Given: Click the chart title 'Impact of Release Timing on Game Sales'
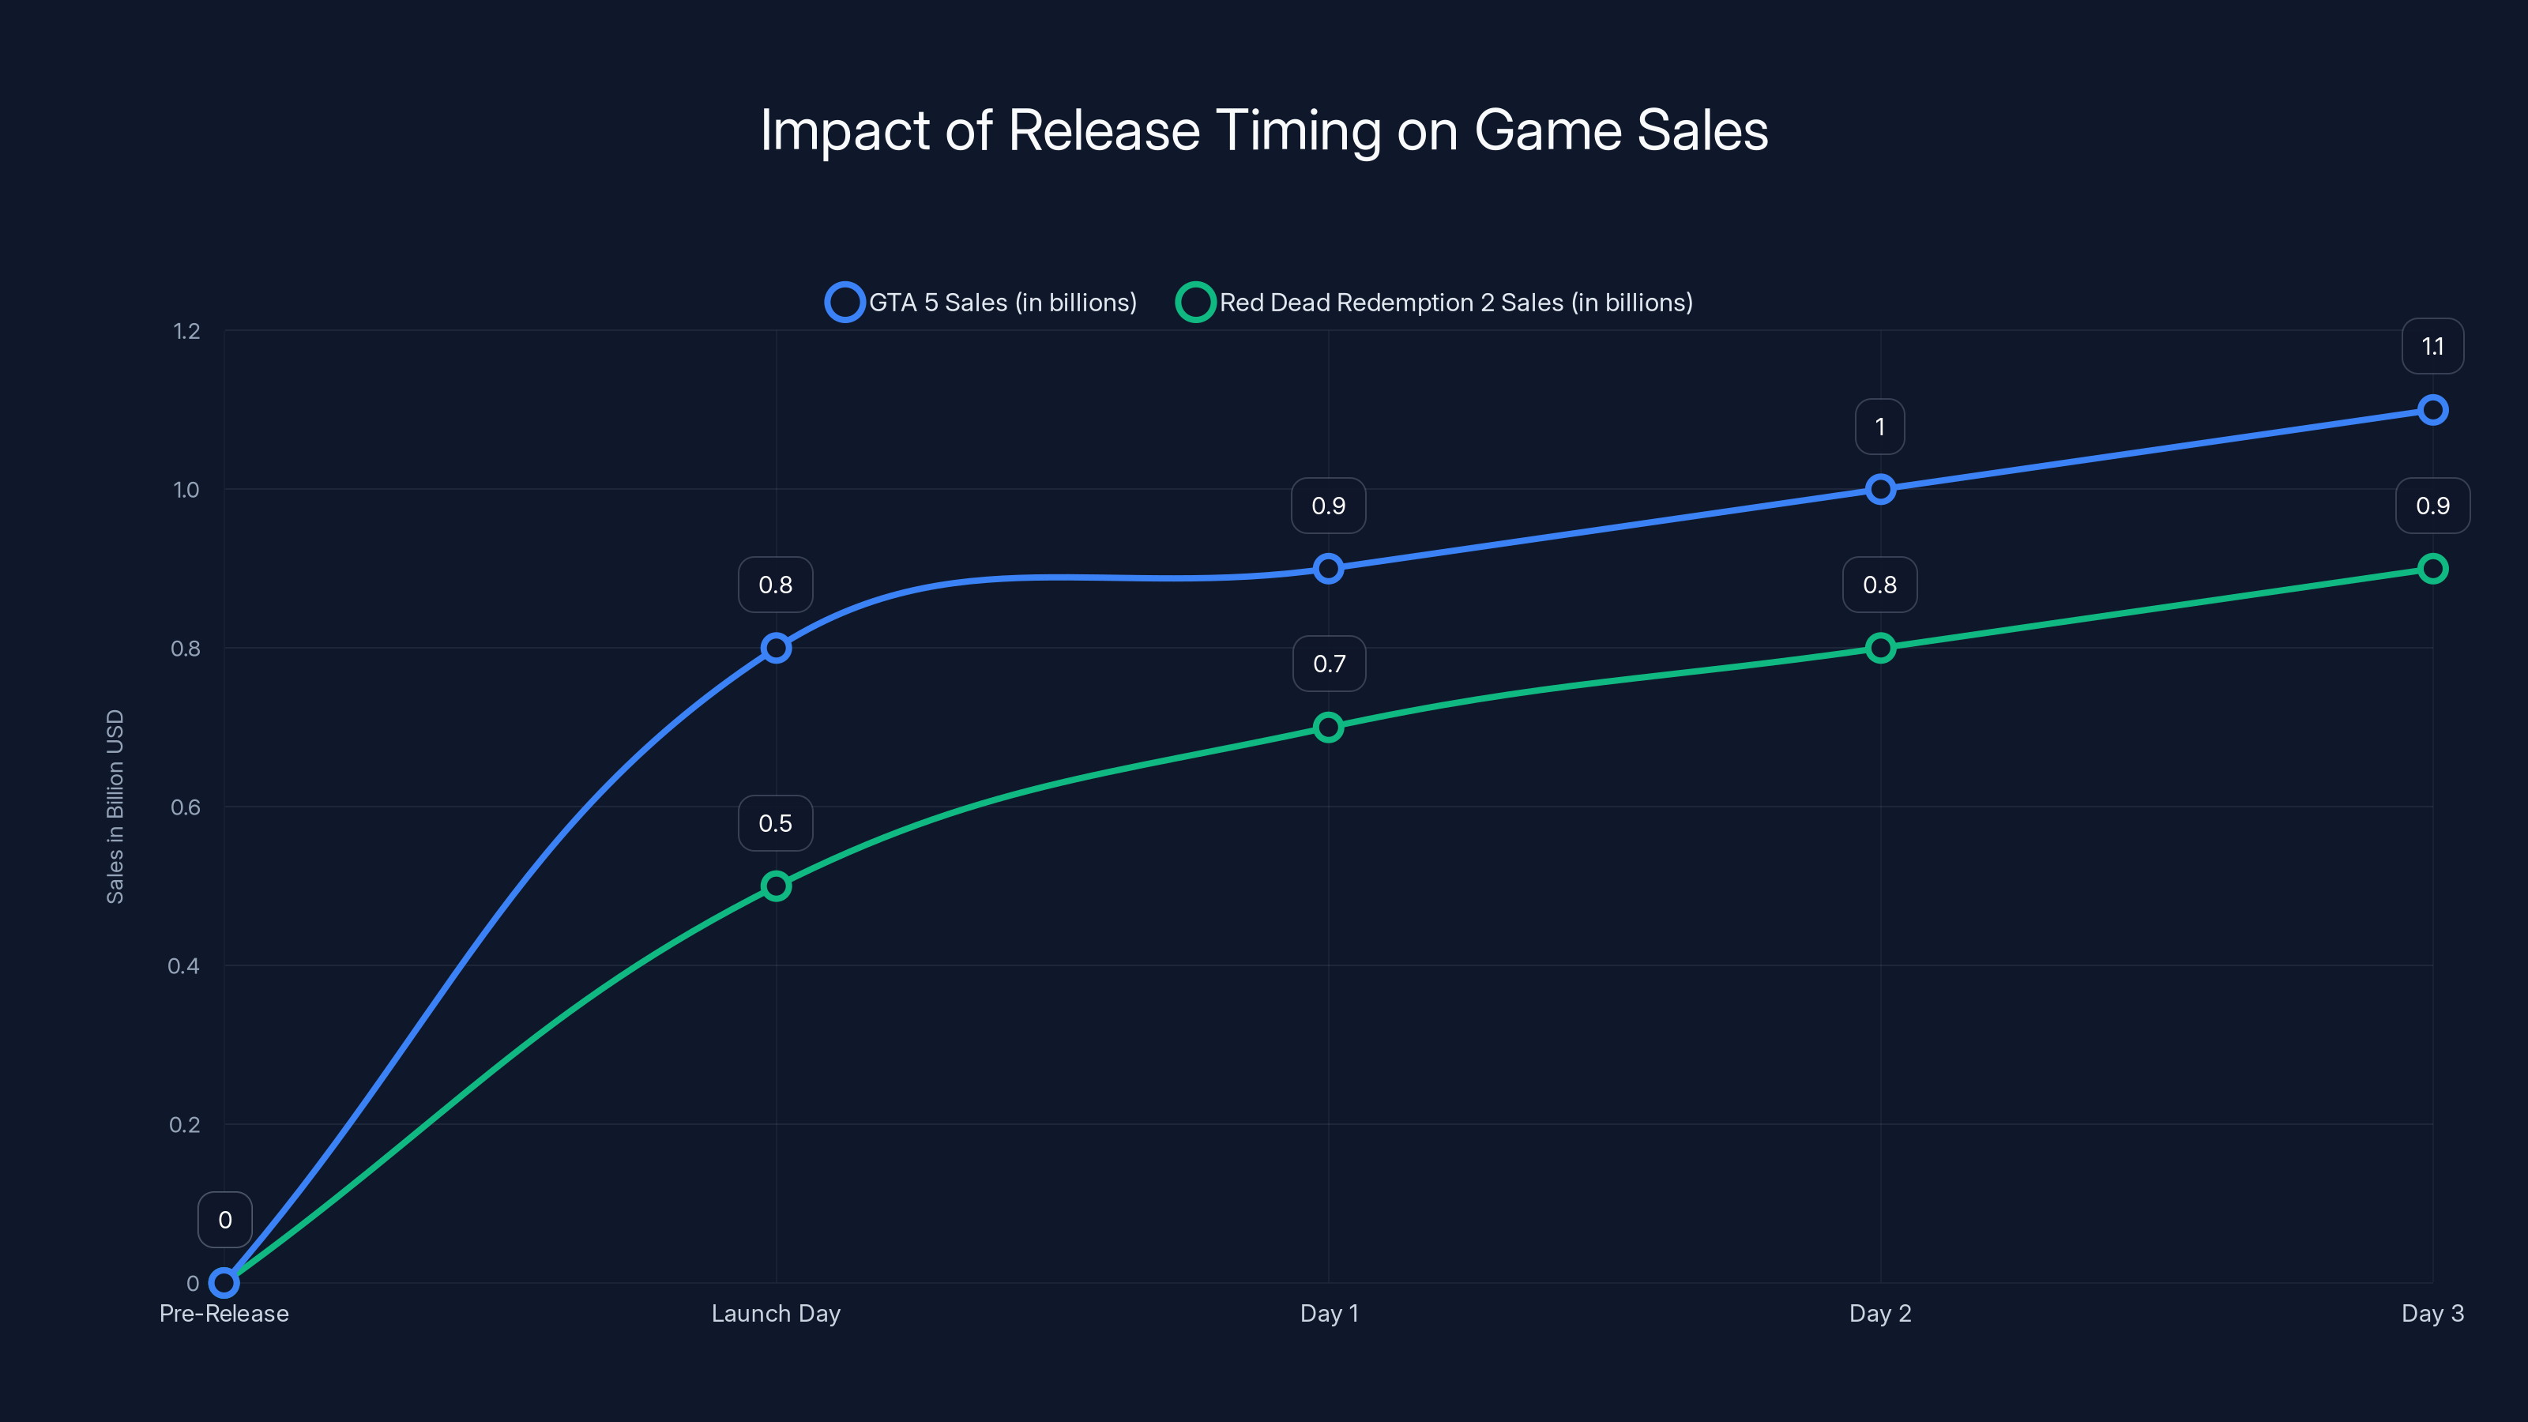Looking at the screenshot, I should point(1264,130).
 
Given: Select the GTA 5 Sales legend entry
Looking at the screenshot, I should point(981,303).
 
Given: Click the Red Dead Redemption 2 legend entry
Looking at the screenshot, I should point(1435,303).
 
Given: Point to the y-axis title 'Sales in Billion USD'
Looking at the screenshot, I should point(115,806).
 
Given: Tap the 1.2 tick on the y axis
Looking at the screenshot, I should point(186,332).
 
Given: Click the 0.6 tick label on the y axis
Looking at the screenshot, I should point(186,807).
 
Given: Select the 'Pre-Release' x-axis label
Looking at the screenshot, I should point(224,1313).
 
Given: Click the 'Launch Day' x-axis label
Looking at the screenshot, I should point(775,1313).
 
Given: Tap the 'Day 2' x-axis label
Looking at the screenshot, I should point(1879,1313).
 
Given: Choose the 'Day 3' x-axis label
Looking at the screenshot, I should point(2432,1313).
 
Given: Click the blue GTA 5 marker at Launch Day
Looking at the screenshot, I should point(775,648).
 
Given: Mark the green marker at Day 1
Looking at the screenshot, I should point(1328,727).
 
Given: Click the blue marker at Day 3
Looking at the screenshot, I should point(2432,410).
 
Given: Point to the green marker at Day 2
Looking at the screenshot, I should point(1879,648).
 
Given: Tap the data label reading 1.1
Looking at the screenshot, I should point(2432,347).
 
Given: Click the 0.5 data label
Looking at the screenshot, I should point(775,823).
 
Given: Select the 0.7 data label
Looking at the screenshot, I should point(1329,664).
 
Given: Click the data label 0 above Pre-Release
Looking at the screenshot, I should point(224,1220).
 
